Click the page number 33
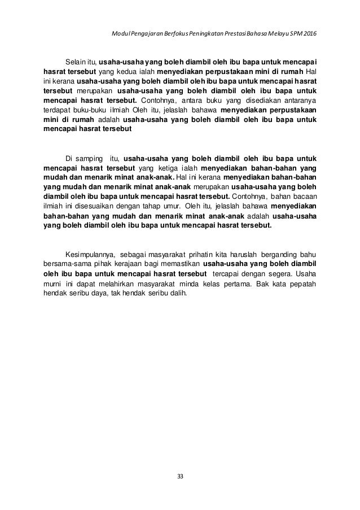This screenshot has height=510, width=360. (180, 476)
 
